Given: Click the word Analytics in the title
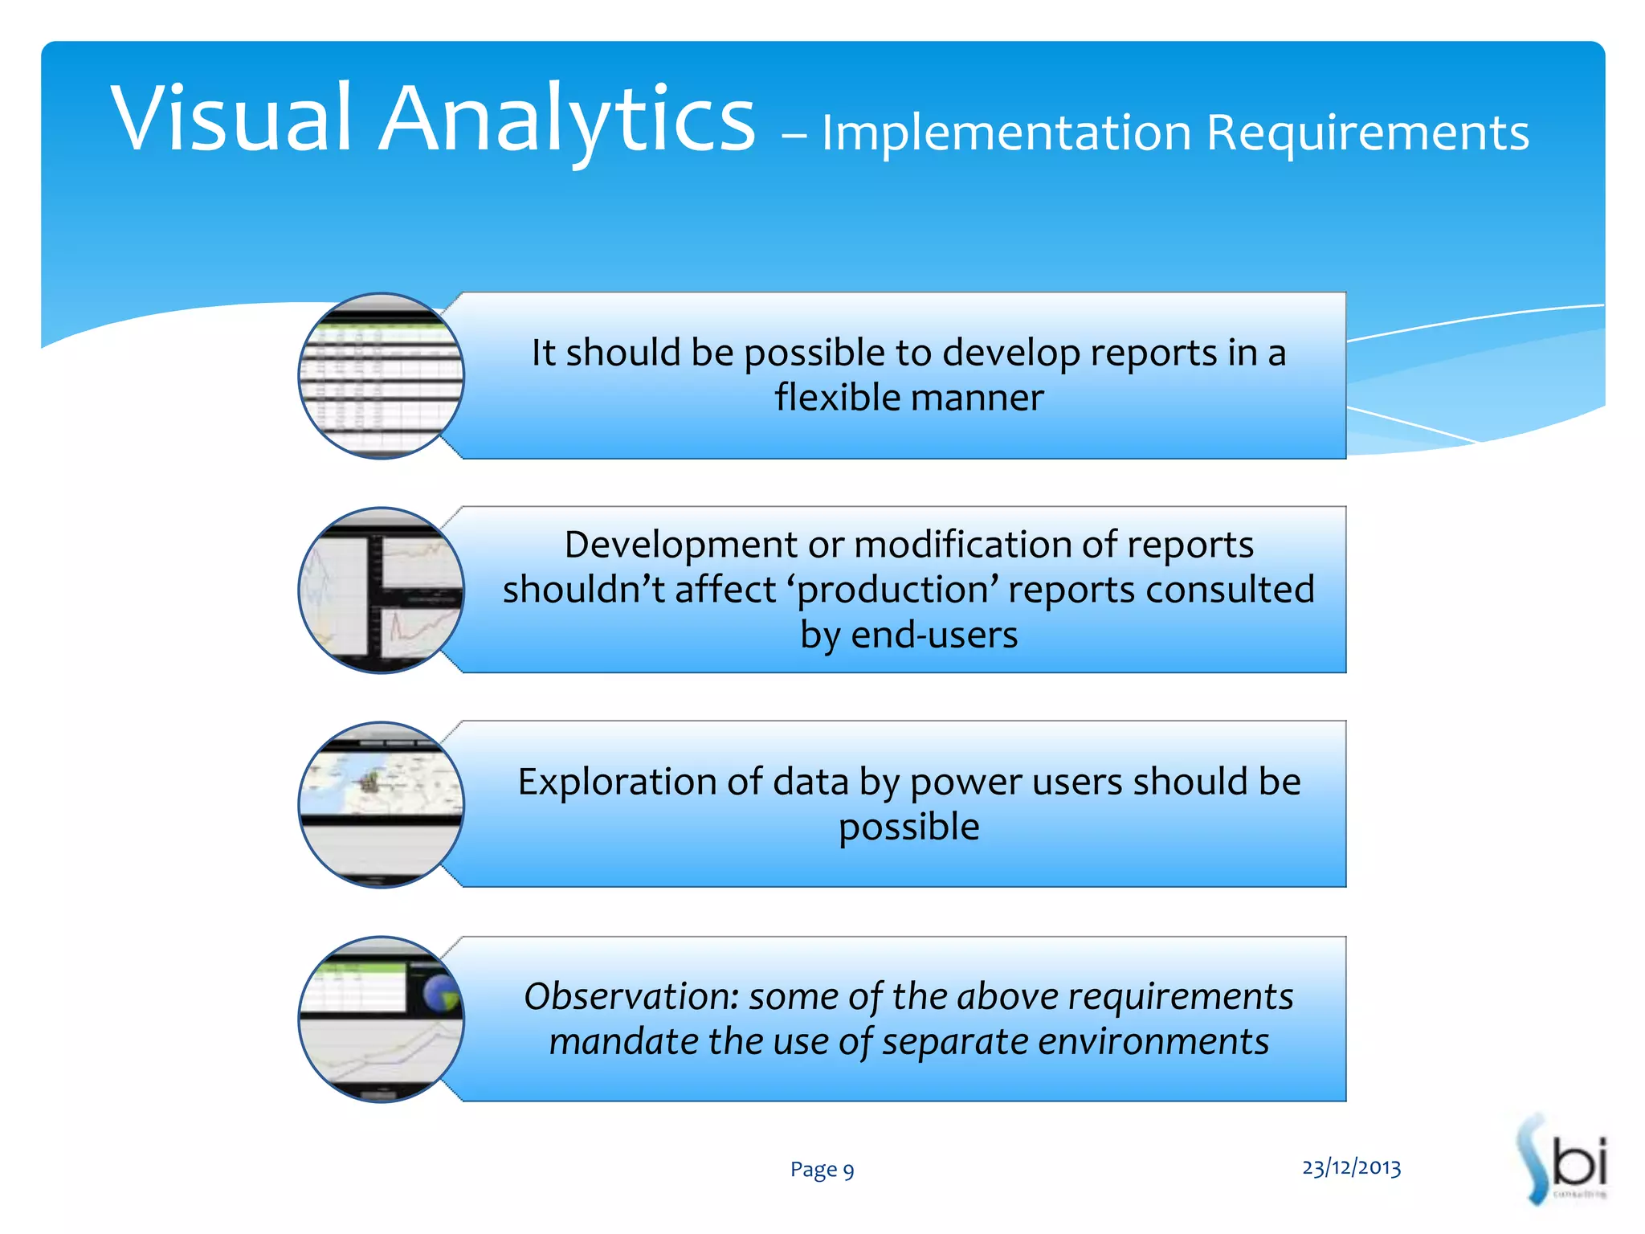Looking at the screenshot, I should pos(567,121).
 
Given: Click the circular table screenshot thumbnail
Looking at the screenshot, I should pos(381,376).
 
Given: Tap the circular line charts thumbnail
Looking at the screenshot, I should pos(381,590).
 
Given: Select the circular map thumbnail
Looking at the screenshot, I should pos(381,804).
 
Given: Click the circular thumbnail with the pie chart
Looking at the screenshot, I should pos(381,1019).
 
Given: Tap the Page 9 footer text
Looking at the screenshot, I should pos(822,1170).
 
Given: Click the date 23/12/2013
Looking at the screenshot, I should pos(1351,1167).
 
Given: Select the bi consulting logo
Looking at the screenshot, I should pos(1563,1160).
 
